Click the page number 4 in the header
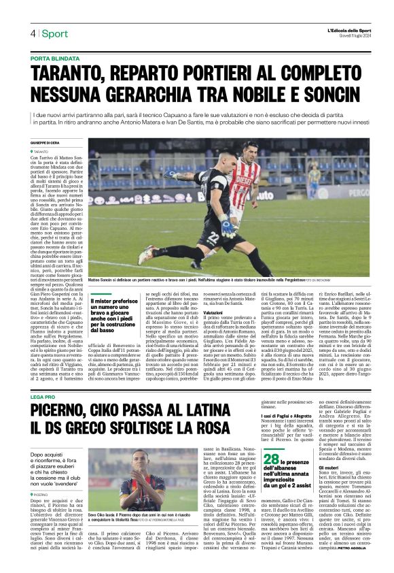click(x=33, y=33)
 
